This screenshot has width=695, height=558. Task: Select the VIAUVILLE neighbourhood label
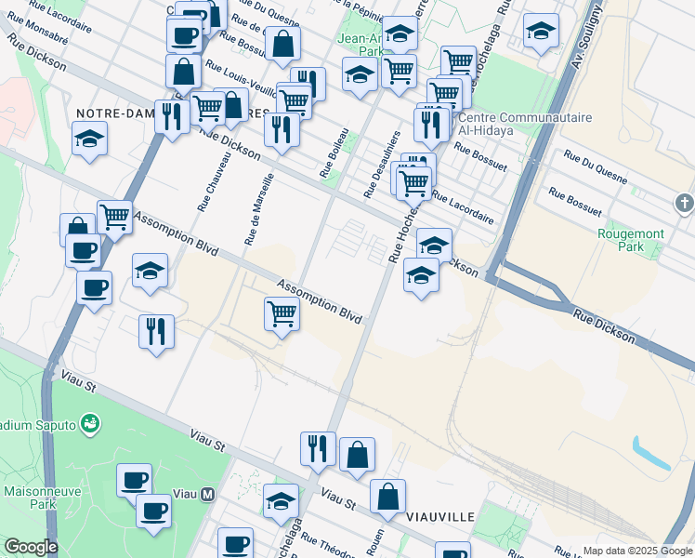440,516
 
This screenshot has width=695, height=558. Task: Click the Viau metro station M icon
208,495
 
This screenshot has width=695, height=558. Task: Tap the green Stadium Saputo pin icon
90,425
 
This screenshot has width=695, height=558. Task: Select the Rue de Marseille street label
258,209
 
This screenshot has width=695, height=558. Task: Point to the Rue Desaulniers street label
382,164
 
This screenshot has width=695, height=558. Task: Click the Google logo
30,547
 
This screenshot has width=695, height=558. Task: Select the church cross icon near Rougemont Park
684,203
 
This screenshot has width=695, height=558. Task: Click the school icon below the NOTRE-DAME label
90,140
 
